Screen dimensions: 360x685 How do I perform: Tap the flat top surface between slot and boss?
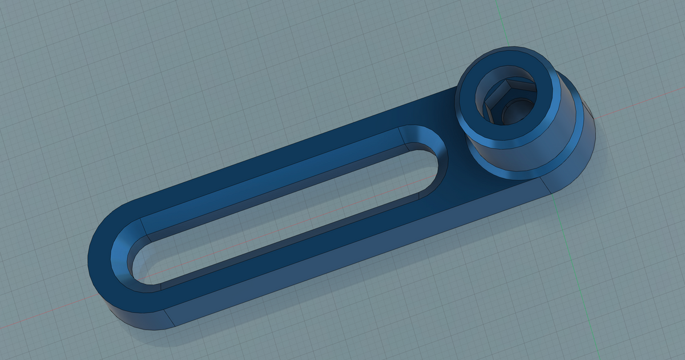(x=457, y=183)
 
